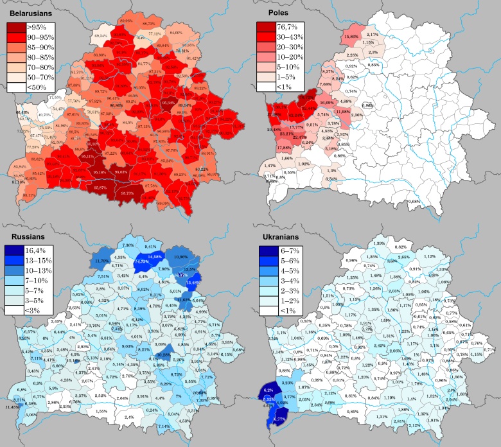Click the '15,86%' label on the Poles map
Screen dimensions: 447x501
(x=351, y=37)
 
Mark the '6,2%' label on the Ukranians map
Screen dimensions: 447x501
(x=268, y=390)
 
